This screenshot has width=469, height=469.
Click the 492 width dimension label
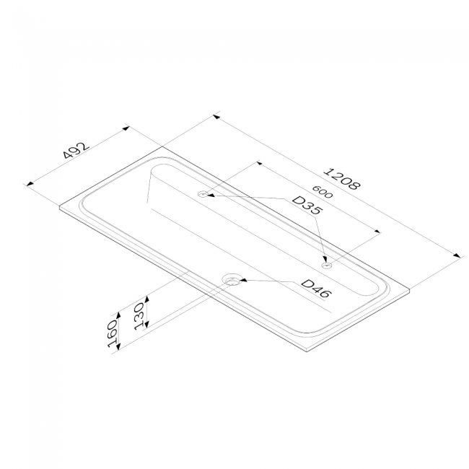(x=76, y=150)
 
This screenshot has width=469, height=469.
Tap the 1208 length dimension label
(x=343, y=179)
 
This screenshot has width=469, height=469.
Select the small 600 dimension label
(x=322, y=192)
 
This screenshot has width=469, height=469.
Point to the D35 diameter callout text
(x=307, y=206)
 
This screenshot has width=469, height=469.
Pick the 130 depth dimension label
(x=140, y=317)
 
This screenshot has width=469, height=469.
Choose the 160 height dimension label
(x=113, y=334)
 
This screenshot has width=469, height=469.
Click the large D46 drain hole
(x=232, y=280)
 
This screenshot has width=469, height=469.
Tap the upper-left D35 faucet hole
(x=203, y=194)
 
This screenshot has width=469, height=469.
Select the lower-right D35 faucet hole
(x=326, y=266)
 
